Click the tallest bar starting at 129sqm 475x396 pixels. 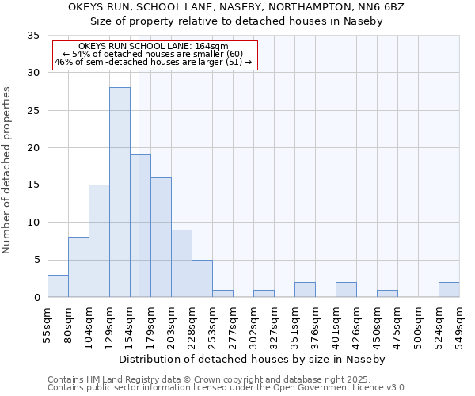[x=120, y=192]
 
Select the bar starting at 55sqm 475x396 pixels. [x=58, y=286]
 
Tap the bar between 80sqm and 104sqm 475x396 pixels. [x=78, y=267]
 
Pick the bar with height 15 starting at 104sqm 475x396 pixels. [x=99, y=241]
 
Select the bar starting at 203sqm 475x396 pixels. [x=181, y=264]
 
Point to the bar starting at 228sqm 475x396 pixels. [x=202, y=279]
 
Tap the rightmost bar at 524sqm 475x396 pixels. [x=449, y=290]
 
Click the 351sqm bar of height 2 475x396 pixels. [x=305, y=290]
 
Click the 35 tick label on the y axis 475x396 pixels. [x=32, y=36]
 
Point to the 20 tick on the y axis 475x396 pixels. [x=32, y=148]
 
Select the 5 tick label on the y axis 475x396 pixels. [x=36, y=261]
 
